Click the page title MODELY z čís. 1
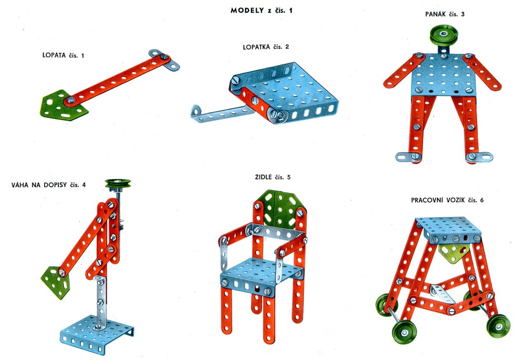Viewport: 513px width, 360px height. pyautogui.click(x=262, y=10)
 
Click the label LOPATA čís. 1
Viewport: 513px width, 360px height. pyautogui.click(x=63, y=55)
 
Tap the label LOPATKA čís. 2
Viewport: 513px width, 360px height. pyautogui.click(x=266, y=47)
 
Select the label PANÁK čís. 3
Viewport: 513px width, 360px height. pyautogui.click(x=445, y=14)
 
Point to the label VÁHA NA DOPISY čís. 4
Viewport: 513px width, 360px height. pyautogui.click(x=48, y=185)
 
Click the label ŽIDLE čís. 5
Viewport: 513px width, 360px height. pyautogui.click(x=272, y=177)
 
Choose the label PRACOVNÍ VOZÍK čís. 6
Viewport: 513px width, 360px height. pyautogui.click(x=447, y=200)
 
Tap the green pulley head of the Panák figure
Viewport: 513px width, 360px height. pyautogui.click(x=444, y=35)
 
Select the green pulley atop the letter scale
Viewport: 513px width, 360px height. pyautogui.click(x=118, y=183)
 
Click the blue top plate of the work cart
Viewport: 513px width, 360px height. pyautogui.click(x=448, y=229)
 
